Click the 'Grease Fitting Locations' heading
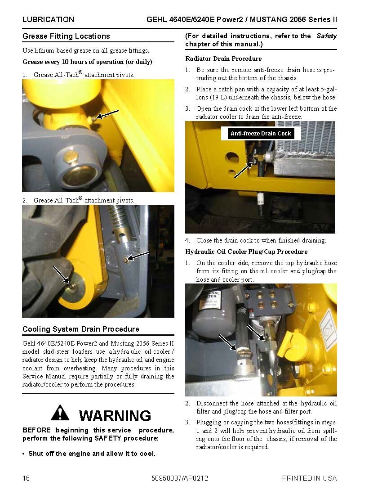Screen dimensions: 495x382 66,36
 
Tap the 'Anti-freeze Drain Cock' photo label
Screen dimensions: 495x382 261,133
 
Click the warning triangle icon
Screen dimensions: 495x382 60,413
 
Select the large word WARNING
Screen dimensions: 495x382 115,415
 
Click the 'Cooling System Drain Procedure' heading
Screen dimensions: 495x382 81,329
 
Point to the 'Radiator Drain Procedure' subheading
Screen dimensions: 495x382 223,58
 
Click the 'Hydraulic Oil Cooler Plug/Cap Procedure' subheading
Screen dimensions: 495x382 246,252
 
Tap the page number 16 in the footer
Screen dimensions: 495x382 26,478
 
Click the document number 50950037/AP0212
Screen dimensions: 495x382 180,478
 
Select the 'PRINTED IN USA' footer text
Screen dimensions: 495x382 309,478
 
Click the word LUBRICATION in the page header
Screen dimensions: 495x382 48,19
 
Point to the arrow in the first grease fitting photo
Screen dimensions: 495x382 108,114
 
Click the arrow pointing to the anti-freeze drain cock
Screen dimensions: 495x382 243,170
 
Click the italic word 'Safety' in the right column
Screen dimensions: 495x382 326,36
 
